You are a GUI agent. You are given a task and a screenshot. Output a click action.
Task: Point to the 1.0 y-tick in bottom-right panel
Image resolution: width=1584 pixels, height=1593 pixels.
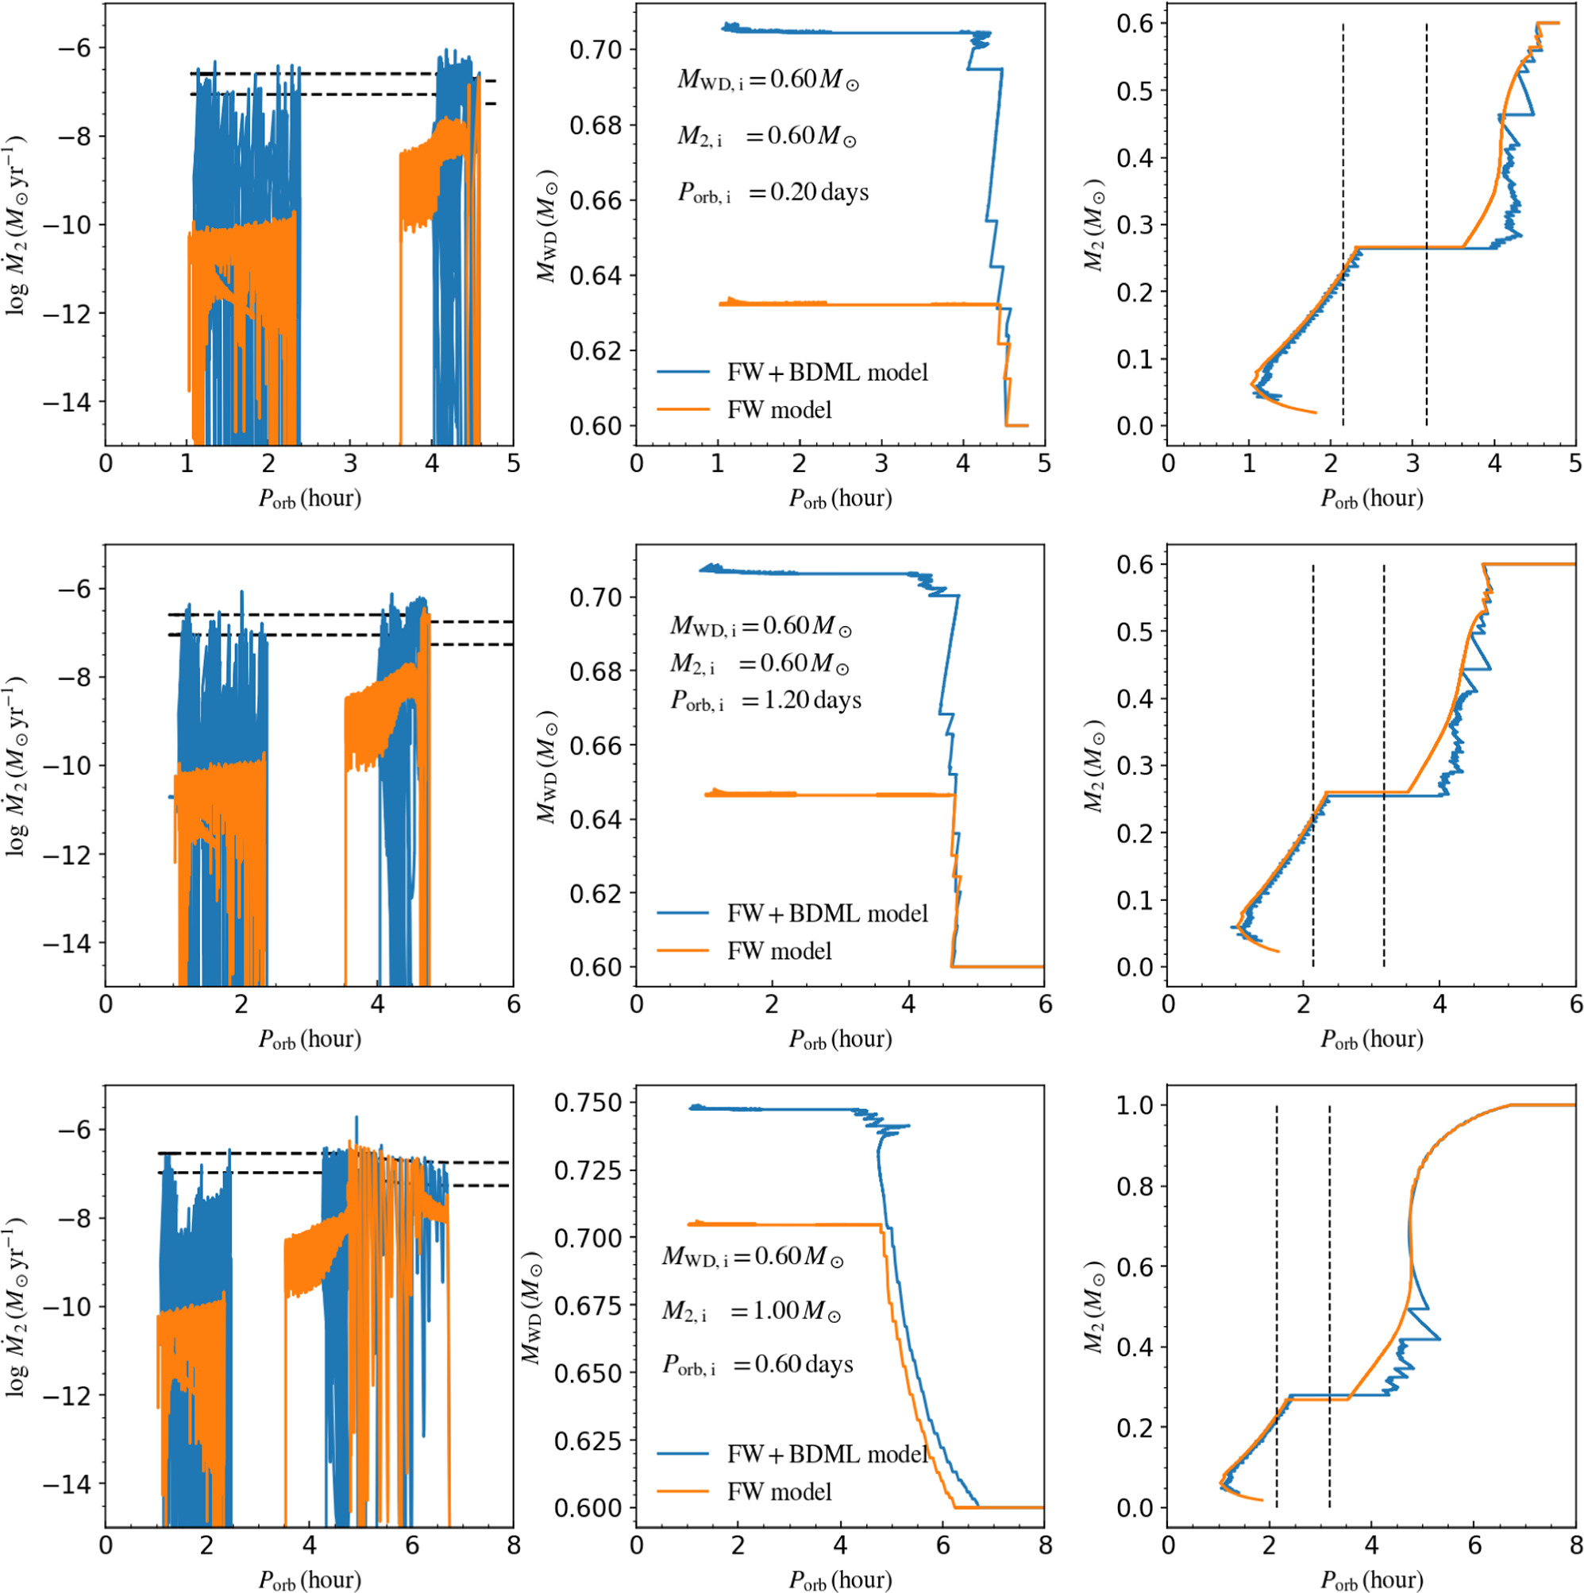point(1135,1105)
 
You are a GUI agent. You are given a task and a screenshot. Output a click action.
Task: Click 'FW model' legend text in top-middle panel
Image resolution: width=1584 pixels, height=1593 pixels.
point(779,410)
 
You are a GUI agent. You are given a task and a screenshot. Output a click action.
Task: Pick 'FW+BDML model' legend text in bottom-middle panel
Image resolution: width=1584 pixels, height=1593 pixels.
point(827,1454)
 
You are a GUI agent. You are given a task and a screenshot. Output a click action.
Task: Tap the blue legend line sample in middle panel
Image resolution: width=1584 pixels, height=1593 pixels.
point(683,914)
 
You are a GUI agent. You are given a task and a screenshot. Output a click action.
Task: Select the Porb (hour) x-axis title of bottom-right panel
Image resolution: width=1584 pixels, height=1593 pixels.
point(1371,1579)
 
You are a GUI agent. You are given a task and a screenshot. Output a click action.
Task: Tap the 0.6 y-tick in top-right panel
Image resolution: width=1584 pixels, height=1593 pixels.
point(1135,23)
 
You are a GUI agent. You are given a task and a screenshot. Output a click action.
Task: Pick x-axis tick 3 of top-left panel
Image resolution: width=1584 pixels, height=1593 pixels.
point(349,463)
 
